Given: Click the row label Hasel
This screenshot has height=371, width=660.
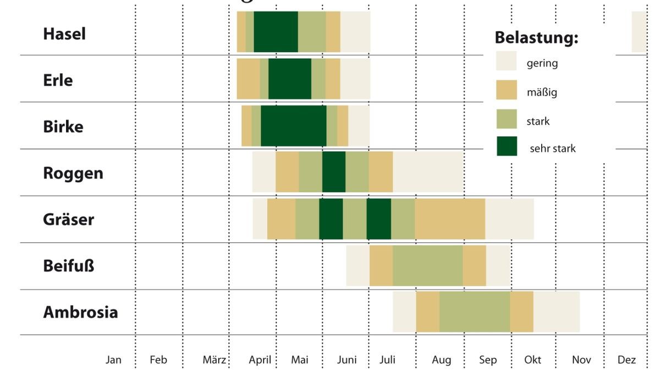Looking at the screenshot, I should coord(64,34).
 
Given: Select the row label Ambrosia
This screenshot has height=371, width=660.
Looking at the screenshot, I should coord(80,312).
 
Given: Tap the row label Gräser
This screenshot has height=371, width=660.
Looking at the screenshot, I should coord(68,219).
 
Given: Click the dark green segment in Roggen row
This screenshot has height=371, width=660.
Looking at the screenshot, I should coord(334,172).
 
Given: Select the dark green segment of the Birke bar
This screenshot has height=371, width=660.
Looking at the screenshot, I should coord(293,125).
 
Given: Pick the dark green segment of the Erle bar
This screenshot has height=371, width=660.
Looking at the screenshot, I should coord(289,79).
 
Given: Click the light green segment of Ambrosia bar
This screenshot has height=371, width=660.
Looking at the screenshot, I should coord(474,312).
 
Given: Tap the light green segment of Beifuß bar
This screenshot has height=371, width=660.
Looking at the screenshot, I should coord(427,265).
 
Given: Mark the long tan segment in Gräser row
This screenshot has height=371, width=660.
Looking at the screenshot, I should coord(450,219).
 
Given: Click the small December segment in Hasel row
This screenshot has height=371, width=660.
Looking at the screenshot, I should coord(639,32).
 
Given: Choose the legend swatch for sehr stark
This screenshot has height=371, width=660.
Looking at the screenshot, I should coord(507,146).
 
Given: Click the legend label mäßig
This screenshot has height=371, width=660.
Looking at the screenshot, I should coord(541,92).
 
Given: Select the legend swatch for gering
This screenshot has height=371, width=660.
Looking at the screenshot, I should coord(507,60).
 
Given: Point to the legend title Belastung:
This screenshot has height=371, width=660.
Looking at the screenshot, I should coord(536,38).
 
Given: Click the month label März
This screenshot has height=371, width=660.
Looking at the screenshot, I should coord(215,360).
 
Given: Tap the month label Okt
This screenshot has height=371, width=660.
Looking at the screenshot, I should coord(532,360).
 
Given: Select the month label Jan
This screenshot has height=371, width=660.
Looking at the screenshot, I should coord(113,360).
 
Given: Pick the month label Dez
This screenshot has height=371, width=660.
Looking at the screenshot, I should coord(626,360).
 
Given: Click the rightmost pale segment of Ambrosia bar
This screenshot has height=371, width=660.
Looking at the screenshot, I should coord(556,312).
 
